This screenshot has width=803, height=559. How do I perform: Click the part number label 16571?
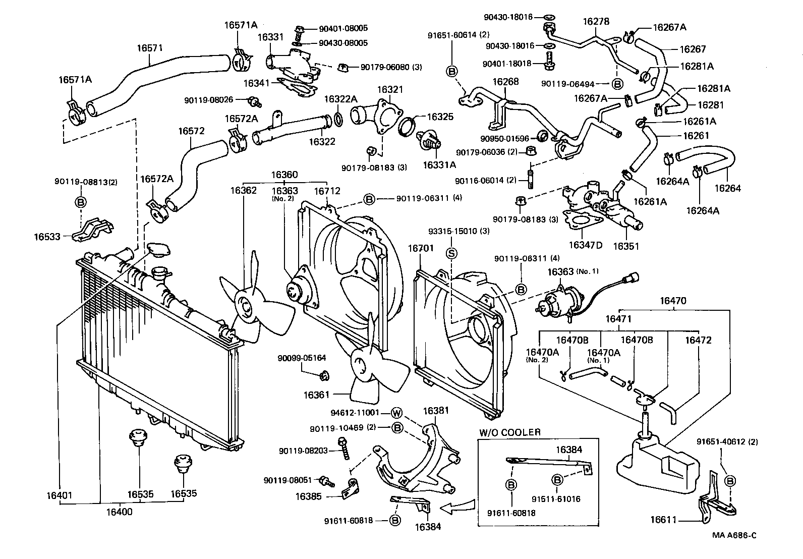pos(150,48)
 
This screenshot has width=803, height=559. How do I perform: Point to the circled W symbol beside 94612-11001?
pos(397,413)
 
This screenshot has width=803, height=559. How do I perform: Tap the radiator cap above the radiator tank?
pos(158,249)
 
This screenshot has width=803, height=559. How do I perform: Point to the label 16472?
pos(698,340)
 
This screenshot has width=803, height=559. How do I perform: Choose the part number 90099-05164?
pos(302,358)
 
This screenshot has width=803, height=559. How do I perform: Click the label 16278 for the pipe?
pos(596,22)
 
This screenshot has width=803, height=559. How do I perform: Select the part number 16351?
pos(626,246)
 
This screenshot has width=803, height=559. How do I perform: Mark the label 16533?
pos(47,236)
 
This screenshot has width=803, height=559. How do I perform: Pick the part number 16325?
pos(440,117)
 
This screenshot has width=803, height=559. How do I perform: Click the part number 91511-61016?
pos(556,499)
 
